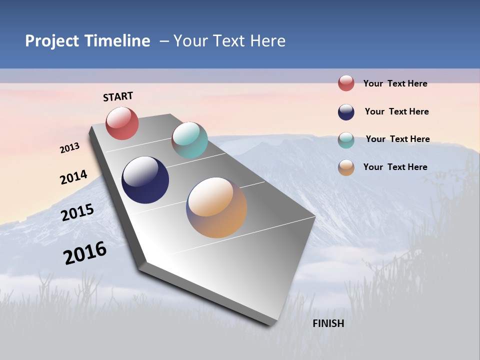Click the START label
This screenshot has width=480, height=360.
118,96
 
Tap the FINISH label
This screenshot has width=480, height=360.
328,323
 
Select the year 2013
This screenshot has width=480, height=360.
69,147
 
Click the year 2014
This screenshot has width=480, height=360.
73,177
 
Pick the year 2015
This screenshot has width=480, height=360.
77,212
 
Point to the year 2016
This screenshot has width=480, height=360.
85,252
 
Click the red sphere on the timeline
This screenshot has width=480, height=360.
122,123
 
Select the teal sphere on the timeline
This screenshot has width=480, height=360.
189,140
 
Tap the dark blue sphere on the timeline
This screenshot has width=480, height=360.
145,180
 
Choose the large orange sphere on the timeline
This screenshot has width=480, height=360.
216,207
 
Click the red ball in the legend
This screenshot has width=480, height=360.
346,83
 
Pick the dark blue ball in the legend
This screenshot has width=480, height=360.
346,111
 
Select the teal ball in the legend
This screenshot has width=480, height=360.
346,139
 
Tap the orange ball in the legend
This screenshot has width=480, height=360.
346,167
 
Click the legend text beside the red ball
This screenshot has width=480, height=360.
395,83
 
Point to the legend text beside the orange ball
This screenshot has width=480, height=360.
395,167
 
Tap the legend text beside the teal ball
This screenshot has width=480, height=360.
397,139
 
